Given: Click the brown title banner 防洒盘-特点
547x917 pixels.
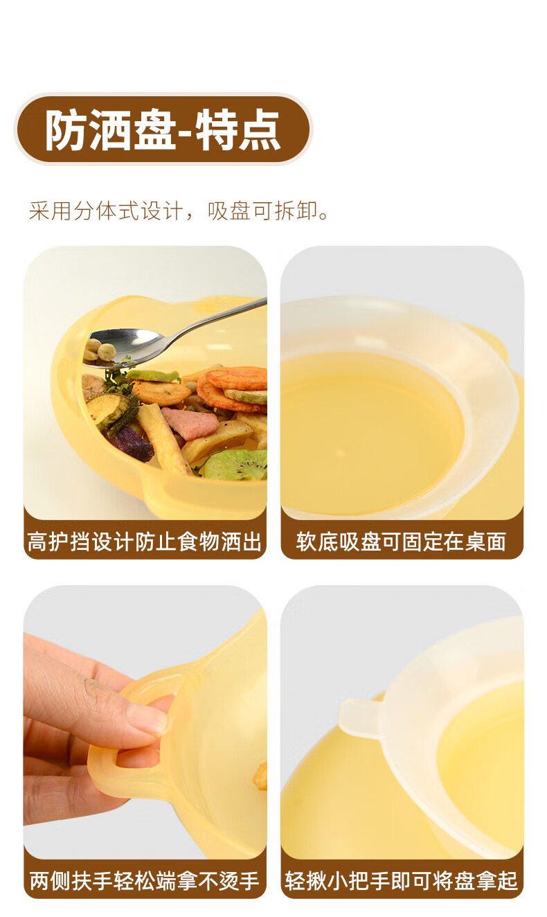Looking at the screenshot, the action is click(163, 130).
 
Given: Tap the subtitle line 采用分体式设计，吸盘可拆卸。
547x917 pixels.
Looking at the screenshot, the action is click(179, 212).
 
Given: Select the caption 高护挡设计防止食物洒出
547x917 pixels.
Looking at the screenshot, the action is click(145, 542).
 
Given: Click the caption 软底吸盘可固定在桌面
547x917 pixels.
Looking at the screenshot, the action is click(402, 542).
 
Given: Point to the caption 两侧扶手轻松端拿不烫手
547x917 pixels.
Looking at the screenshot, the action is click(145, 880).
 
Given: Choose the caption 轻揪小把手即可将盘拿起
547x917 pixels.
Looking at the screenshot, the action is click(402, 880).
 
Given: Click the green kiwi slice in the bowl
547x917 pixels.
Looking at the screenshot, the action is click(236, 465).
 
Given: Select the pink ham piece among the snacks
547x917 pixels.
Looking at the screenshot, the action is click(189, 423).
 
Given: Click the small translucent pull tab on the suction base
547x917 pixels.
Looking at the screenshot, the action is click(360, 715).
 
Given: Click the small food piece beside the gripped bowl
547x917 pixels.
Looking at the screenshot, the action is click(260, 775).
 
